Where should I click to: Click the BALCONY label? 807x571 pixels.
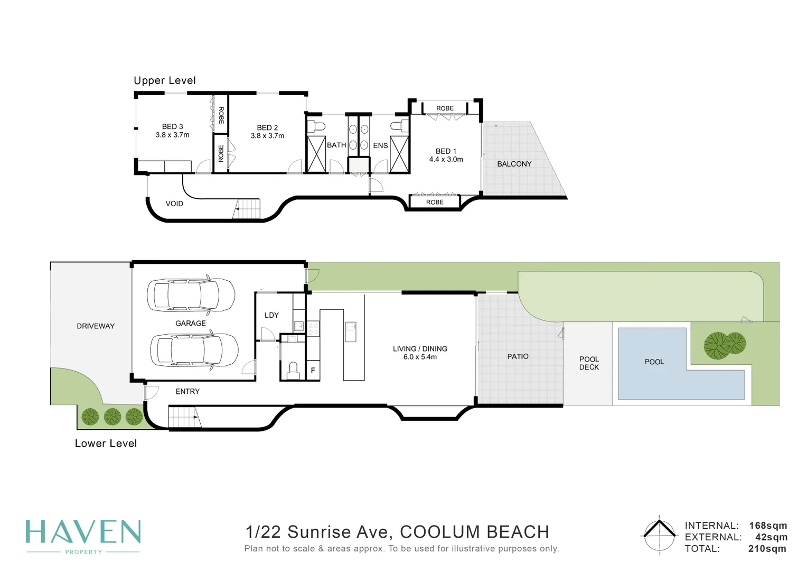514,164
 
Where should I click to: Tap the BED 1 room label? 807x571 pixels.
446,151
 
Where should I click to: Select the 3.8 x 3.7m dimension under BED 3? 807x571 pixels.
173,135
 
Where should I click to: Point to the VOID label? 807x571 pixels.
174,204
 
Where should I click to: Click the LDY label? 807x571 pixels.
271,315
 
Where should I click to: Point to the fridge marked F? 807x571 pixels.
313,370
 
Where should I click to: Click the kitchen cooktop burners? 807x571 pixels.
313,328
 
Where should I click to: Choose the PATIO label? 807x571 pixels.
518,356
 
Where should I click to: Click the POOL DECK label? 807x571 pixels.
589,363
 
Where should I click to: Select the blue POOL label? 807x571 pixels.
654,362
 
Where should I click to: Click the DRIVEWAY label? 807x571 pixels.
96,326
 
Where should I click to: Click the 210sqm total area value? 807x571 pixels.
767,549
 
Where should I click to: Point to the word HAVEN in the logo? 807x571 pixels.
83,532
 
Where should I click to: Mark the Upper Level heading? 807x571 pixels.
165,80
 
